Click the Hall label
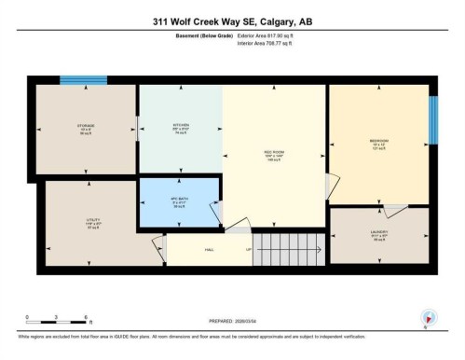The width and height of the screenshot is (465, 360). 211,249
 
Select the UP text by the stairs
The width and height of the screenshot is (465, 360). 248,249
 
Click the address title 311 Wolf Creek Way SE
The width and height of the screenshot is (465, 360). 232,20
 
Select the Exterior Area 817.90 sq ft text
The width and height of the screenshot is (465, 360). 272,35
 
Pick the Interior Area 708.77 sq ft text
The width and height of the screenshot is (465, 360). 271,43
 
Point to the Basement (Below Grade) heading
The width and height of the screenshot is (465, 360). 204,35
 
